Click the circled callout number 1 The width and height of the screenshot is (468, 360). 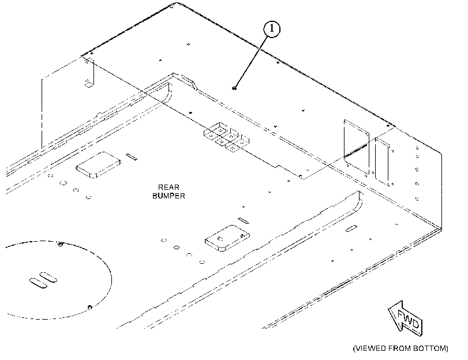pos(272,29)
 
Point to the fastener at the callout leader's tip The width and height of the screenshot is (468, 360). pos(234,88)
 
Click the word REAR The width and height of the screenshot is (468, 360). pos(169,187)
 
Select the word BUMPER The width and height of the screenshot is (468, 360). pos(169,196)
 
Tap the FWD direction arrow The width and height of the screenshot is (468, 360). pos(406,318)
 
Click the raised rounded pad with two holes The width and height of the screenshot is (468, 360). pos(227,238)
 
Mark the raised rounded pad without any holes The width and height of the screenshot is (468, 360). pos(98,165)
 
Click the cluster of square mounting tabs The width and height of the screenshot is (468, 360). pos(227,137)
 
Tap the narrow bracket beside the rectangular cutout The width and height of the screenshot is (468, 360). pos(383,161)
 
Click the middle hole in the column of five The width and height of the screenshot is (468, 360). pos(417,170)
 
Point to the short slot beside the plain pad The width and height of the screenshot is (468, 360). pos(132,157)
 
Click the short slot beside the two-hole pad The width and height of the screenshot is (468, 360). pos(244,220)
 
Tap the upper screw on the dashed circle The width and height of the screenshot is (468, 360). pos(61,245)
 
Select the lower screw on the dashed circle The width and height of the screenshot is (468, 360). pos(89,307)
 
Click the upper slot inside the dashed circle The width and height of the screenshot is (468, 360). pos(48,277)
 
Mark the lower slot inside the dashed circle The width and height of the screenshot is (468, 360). pos(38,283)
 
